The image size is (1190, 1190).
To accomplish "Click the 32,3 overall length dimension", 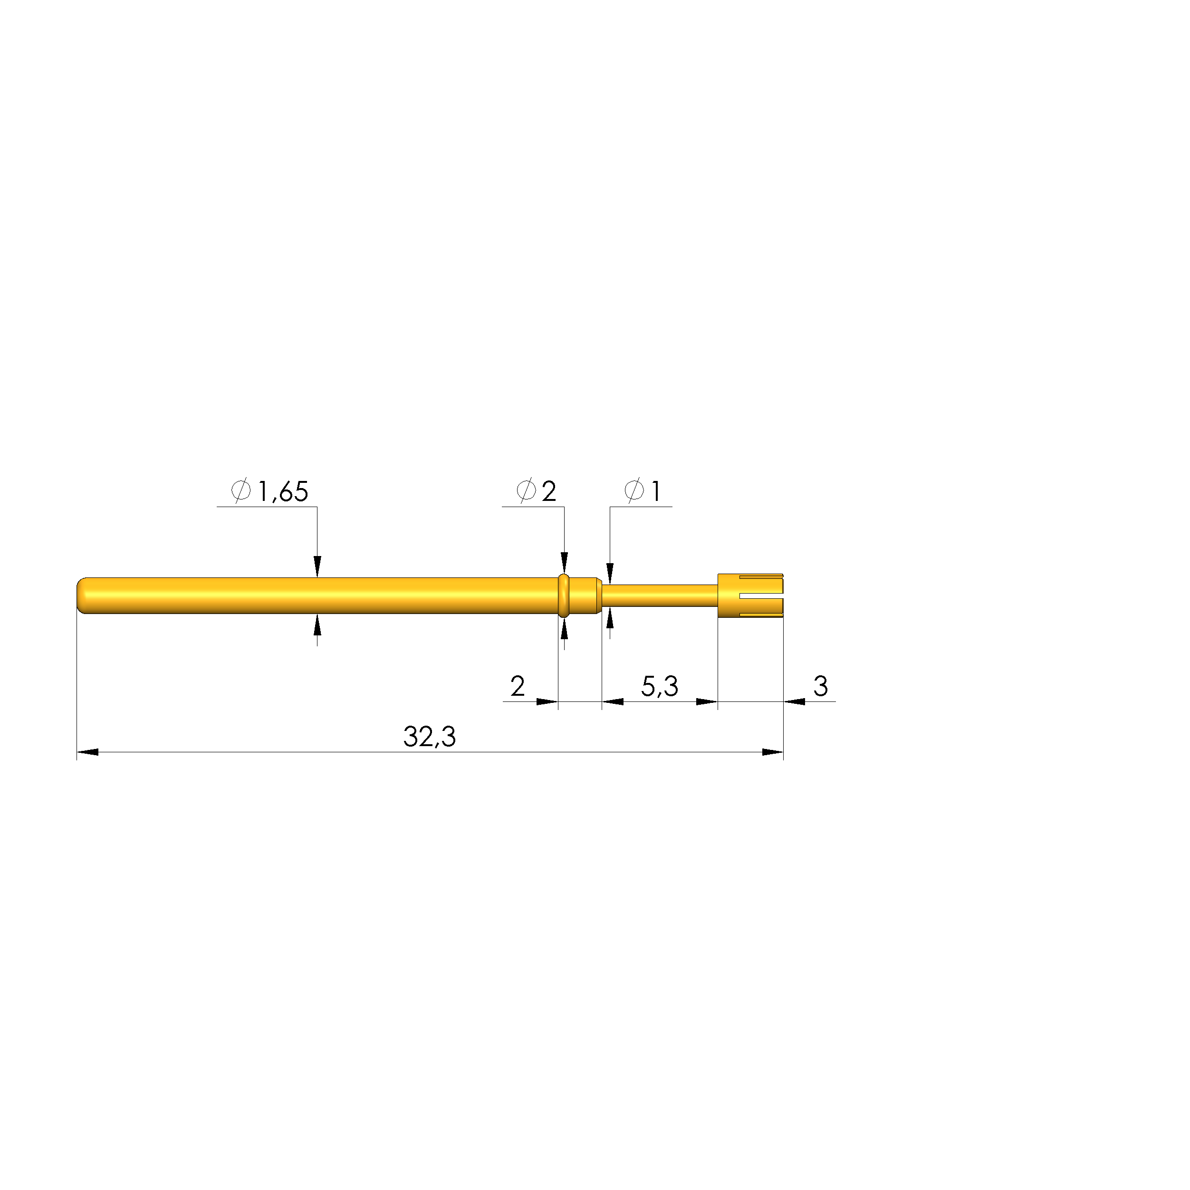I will tap(429, 737).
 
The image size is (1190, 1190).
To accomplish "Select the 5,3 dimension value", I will tap(659, 686).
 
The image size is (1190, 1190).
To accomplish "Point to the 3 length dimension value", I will tap(820, 686).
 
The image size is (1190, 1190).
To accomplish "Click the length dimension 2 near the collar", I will tap(518, 686).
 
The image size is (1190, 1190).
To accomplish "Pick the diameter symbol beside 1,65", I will tap(241, 491).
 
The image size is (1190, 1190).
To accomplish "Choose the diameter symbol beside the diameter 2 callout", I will tap(526, 491).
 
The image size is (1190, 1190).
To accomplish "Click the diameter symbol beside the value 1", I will tap(634, 491).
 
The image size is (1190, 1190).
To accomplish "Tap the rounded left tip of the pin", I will tap(82, 595).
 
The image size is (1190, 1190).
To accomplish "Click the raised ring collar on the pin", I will tap(563, 595).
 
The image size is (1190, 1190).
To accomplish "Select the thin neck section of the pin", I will tap(659, 595).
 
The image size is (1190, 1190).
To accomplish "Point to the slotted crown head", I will tap(750, 595).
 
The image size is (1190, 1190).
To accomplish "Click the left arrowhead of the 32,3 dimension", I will tap(87, 752).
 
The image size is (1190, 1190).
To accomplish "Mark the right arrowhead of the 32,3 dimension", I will tap(772, 752).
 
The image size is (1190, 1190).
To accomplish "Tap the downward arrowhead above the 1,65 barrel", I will tap(317, 566).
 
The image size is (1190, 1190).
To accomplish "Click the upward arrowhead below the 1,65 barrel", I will tap(317, 624).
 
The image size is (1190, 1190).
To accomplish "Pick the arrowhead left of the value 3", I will tap(794, 701).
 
